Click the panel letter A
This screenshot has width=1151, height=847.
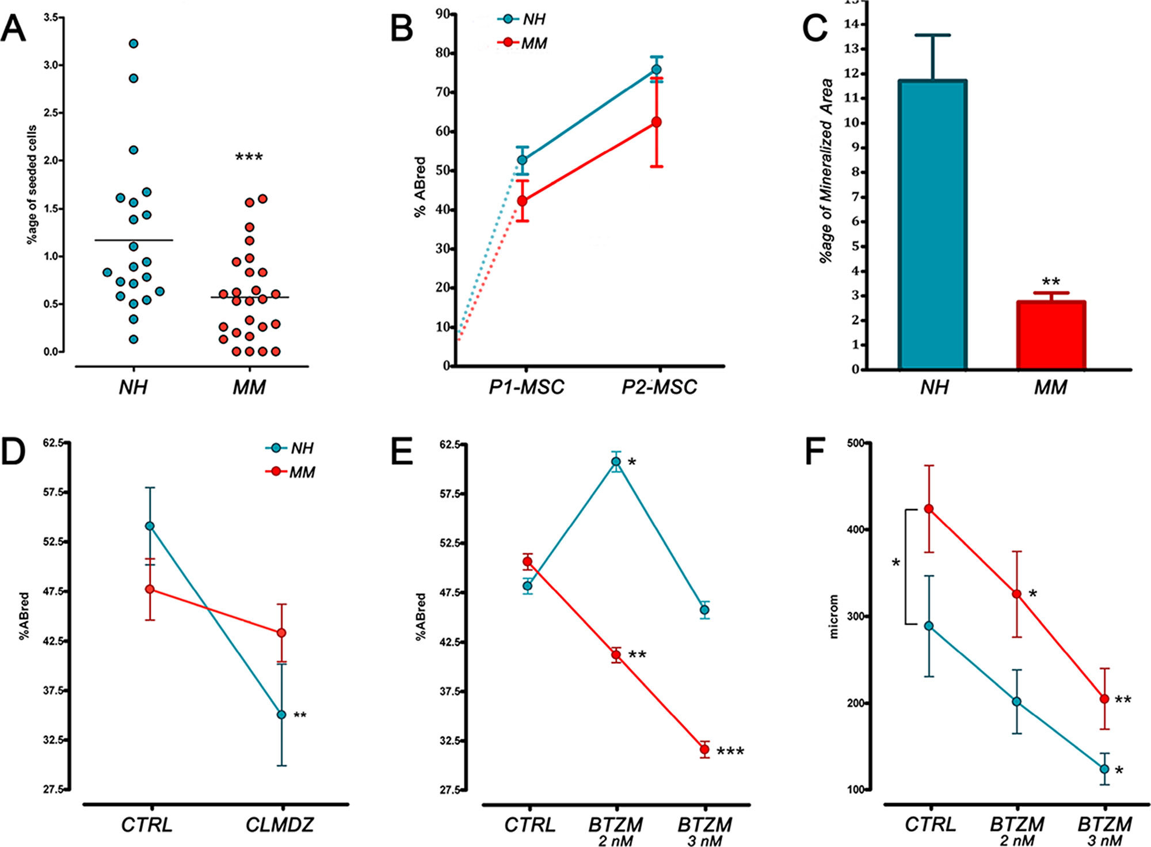(x=14, y=29)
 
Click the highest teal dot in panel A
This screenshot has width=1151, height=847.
(x=134, y=44)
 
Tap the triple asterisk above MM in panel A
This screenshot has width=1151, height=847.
(x=249, y=157)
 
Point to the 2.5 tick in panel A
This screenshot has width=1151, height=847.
(x=52, y=113)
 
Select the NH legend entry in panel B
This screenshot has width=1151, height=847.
(x=523, y=20)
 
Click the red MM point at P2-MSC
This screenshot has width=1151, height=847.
(x=656, y=122)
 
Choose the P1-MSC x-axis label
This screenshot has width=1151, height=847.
(x=527, y=387)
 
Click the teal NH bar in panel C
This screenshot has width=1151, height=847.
(x=933, y=225)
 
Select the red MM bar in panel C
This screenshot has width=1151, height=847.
(x=1051, y=335)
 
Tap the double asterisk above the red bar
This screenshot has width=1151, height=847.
(x=1051, y=282)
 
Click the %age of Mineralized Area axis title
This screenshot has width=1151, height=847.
(x=826, y=170)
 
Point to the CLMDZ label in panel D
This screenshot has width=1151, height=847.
(x=280, y=825)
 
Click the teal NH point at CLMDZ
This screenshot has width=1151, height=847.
(x=281, y=715)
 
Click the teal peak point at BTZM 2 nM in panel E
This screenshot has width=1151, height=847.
(x=616, y=461)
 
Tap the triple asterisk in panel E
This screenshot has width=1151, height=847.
(x=730, y=751)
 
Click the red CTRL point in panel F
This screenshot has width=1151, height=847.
(x=929, y=508)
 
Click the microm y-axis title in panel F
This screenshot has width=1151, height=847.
(x=834, y=616)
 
